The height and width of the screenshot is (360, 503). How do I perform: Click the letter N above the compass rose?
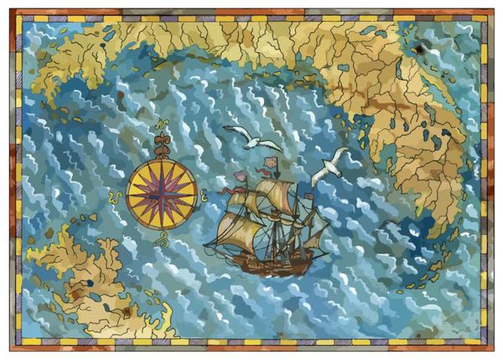click(161, 125)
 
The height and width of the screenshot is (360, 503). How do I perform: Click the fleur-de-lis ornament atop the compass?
click(161, 145)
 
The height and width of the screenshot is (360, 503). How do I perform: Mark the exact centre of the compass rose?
click(162, 194)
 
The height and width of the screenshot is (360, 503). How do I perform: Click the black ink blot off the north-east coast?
click(419, 50)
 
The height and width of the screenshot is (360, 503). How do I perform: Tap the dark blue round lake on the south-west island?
click(90, 283)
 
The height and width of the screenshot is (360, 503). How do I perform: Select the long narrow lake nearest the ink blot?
click(399, 70)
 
